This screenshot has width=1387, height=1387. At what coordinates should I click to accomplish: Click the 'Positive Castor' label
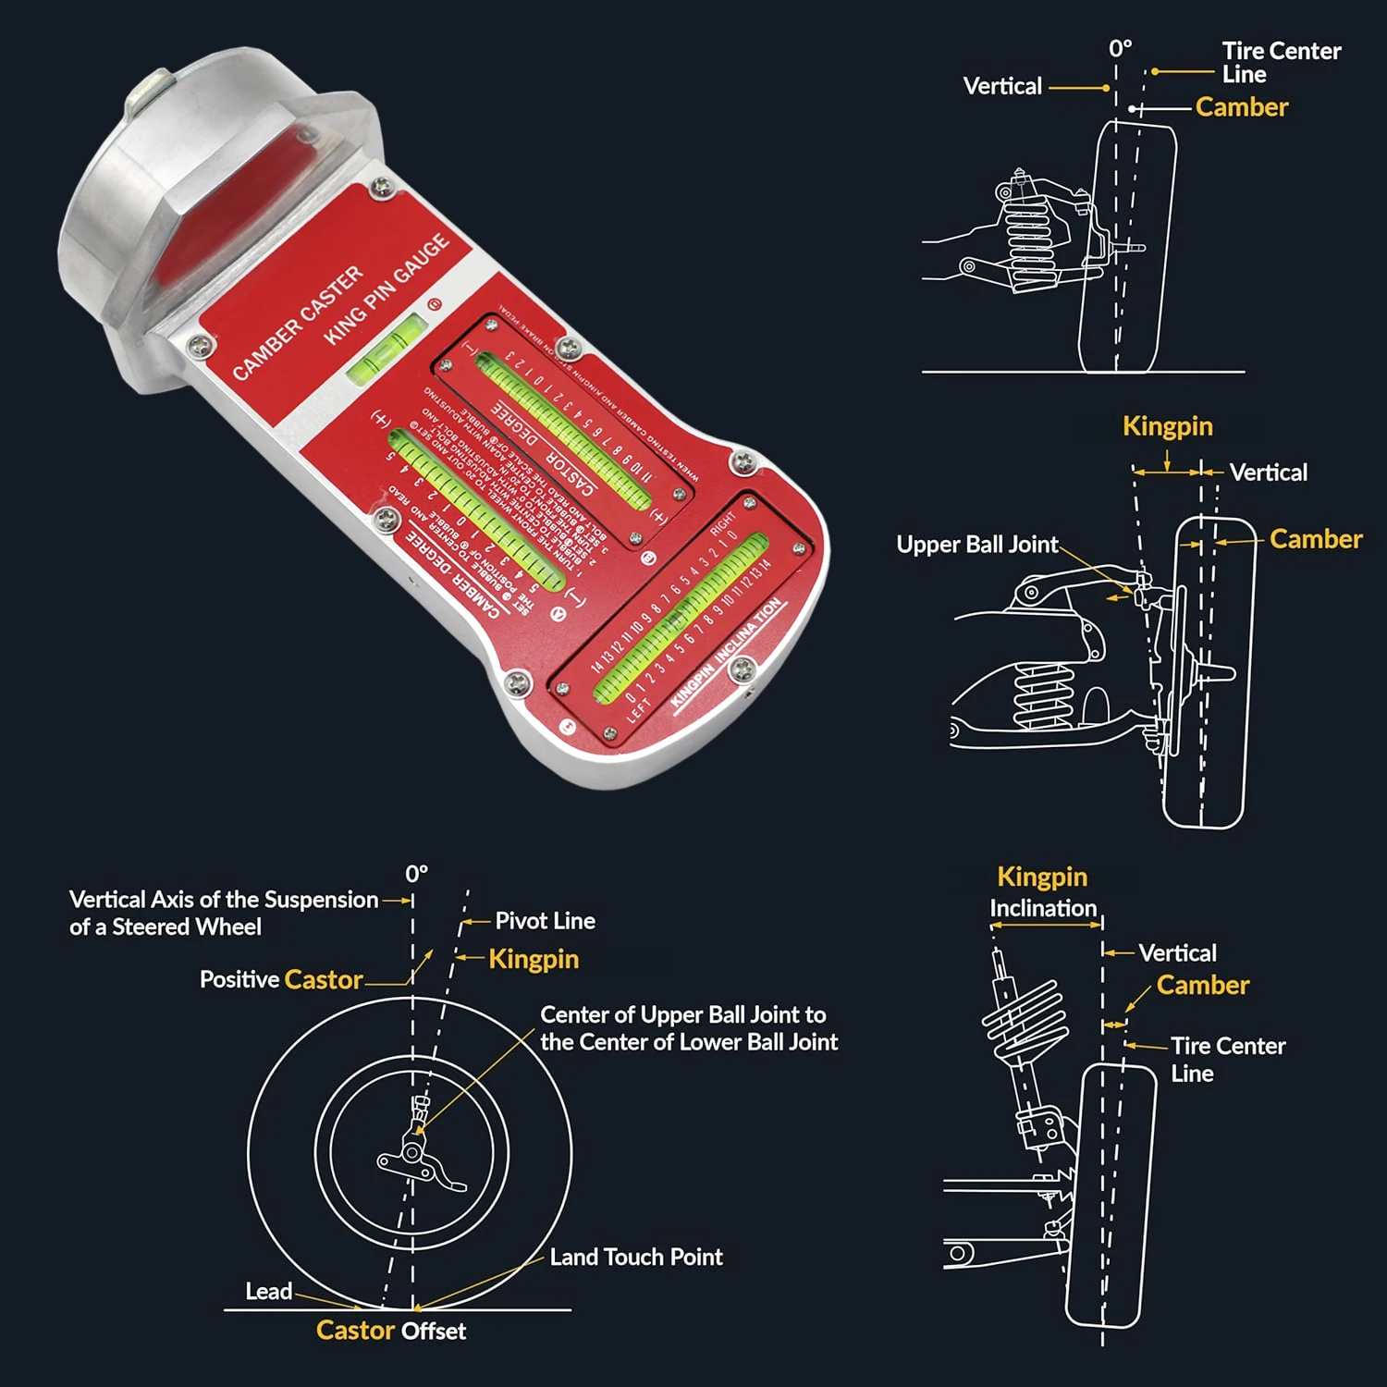pyautogui.click(x=281, y=980)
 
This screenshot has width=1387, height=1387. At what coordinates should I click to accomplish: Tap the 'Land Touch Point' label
pyautogui.click(x=636, y=1258)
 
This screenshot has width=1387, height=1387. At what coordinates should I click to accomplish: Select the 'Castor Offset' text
pyautogui.click(x=390, y=1332)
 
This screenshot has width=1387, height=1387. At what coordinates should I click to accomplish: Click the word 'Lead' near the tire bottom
pyautogui.click(x=268, y=1292)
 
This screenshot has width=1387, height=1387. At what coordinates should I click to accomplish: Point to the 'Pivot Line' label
pyautogui.click(x=545, y=921)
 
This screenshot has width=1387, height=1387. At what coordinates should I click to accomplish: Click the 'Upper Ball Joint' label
pyautogui.click(x=976, y=545)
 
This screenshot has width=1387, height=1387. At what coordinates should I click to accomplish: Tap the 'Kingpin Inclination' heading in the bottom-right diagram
pyautogui.click(x=1042, y=892)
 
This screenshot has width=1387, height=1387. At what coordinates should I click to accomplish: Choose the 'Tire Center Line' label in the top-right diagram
pyautogui.click(x=1280, y=62)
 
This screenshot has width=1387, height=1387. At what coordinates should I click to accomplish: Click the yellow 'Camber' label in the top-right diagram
pyautogui.click(x=1241, y=107)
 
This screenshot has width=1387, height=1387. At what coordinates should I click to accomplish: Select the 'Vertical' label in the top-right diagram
pyautogui.click(x=1002, y=87)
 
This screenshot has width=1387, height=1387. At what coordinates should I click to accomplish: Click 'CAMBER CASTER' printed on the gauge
pyautogui.click(x=298, y=322)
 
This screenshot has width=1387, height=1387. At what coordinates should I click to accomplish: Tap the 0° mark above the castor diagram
pyautogui.click(x=416, y=874)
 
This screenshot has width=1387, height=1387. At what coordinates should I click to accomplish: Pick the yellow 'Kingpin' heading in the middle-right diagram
pyautogui.click(x=1167, y=426)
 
